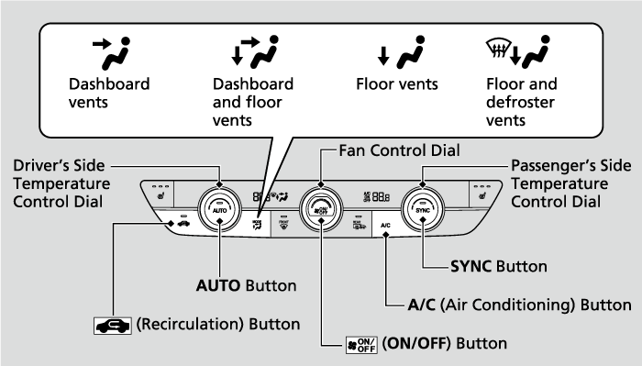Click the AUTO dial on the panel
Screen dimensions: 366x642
click(220, 208)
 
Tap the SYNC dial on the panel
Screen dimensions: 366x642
click(423, 208)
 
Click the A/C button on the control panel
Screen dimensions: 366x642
click(386, 225)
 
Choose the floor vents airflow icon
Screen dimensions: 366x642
click(397, 56)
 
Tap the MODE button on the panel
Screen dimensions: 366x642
click(257, 223)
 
